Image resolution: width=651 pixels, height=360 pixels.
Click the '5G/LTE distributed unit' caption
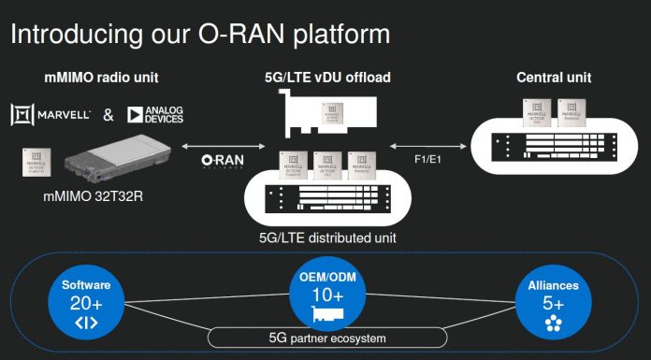(326, 238)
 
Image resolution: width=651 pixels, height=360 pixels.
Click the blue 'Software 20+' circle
(86, 300)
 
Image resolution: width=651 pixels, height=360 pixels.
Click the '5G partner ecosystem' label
(325, 338)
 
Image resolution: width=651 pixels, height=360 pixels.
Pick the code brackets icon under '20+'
(86, 323)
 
